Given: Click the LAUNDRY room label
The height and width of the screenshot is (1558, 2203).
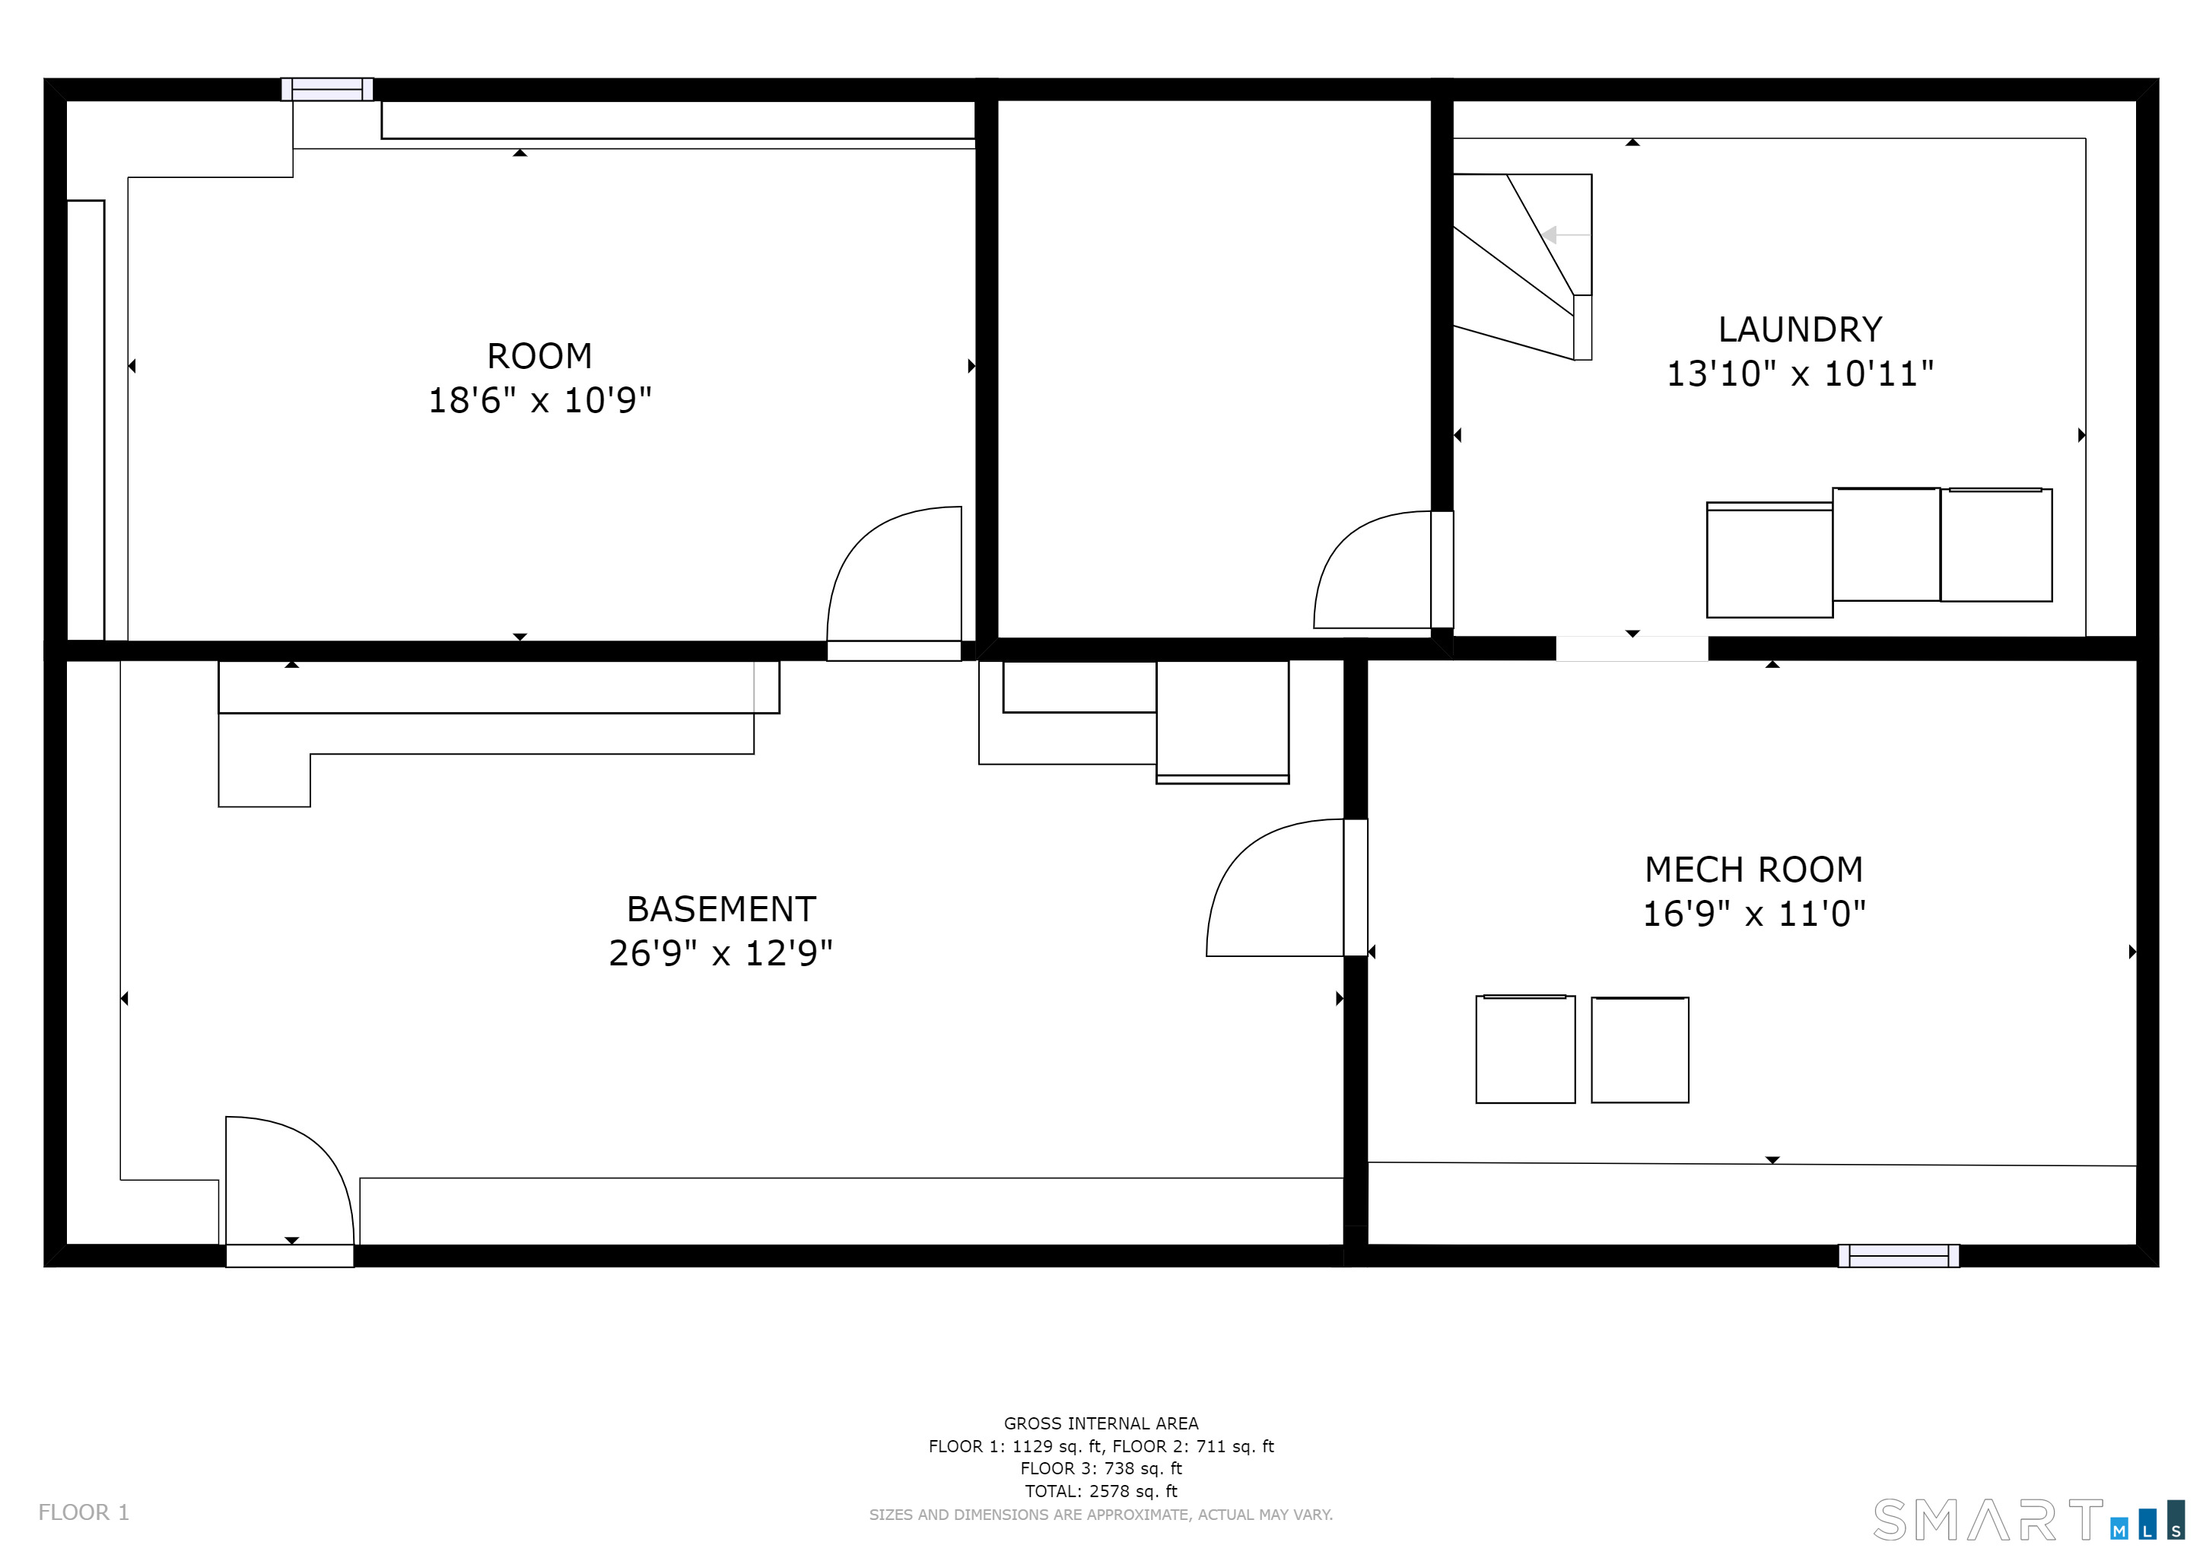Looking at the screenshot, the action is [x=1800, y=330].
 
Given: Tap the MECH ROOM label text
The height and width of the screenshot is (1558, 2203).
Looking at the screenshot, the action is [x=1754, y=870].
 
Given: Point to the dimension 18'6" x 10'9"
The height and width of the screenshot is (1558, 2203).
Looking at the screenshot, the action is [x=539, y=400].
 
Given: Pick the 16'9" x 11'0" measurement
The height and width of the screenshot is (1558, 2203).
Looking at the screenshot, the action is [x=1754, y=914].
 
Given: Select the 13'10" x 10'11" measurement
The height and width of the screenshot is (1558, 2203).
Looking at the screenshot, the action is [x=1800, y=374].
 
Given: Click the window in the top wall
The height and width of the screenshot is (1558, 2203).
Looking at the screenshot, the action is [x=327, y=89].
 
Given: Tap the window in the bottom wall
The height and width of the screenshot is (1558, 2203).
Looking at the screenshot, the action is [x=1899, y=1256].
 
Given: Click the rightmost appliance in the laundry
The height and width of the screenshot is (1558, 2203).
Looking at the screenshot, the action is [x=1996, y=545].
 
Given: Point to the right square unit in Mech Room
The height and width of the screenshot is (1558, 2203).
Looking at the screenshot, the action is [x=1640, y=1050].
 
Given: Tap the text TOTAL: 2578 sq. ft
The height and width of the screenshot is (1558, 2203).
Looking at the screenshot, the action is [x=1101, y=1492].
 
